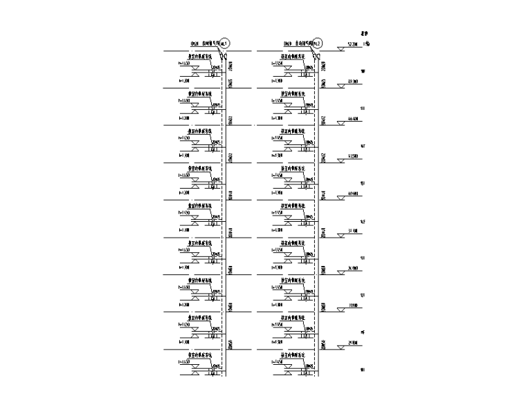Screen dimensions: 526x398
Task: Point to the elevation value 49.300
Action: click(x=352, y=83)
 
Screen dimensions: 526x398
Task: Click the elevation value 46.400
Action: click(x=352, y=120)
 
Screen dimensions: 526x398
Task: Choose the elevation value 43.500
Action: click(x=352, y=158)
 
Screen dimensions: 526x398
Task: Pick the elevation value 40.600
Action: click(x=352, y=194)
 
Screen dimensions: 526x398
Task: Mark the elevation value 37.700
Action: click(x=352, y=231)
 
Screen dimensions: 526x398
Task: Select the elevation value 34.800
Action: click(x=352, y=269)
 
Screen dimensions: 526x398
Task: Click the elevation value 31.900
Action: click(x=352, y=306)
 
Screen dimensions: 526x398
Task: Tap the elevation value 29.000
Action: click(x=352, y=343)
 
